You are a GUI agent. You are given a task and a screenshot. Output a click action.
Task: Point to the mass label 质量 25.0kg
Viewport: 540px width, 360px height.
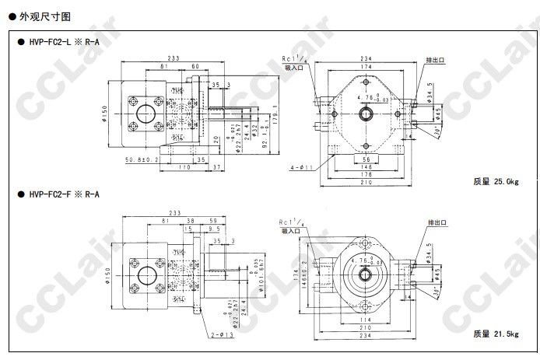(x=495, y=181)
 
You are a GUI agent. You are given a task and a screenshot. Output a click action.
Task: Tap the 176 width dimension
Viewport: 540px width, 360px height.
(x=366, y=175)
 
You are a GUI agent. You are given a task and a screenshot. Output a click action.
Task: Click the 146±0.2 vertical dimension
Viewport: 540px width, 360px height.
(x=305, y=275)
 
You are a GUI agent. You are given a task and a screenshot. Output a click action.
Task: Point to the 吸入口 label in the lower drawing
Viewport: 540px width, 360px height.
(x=291, y=231)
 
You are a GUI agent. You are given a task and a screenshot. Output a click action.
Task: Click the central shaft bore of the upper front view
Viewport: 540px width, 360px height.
(x=366, y=114)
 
